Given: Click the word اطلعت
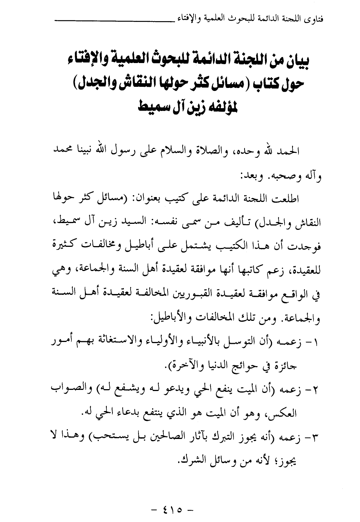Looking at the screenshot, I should point(298,199).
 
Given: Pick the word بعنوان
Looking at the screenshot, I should point(179,199).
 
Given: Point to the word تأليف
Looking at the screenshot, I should point(243,223).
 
